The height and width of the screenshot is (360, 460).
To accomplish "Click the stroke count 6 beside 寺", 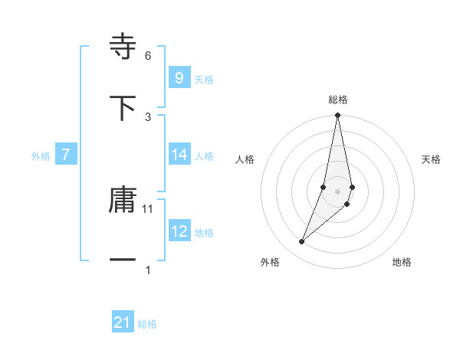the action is click(x=148, y=56).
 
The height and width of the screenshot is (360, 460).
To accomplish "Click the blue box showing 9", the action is click(x=179, y=78).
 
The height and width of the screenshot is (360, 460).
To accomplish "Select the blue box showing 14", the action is click(x=179, y=155).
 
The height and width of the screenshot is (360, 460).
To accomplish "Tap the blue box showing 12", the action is click(x=179, y=231).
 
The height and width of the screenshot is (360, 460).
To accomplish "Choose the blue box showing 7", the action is click(x=66, y=155).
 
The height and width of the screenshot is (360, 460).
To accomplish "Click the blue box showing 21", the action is click(x=123, y=323).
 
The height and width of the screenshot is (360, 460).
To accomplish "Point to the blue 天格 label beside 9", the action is click(x=204, y=80).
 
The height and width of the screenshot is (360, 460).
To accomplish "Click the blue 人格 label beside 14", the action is click(x=204, y=156).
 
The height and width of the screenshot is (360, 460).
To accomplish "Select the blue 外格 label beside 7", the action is click(x=41, y=156).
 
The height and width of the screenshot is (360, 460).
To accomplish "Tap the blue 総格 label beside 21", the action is click(x=147, y=325).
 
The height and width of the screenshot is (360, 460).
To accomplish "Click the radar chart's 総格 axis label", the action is click(x=338, y=100).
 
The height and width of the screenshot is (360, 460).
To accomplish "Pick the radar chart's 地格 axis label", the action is click(x=402, y=262).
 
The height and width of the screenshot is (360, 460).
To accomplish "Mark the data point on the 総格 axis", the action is click(x=338, y=116).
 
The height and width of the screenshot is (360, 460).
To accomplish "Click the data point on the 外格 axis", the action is click(x=302, y=242).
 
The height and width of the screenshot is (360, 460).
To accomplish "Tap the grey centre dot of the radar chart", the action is click(x=338, y=192).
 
